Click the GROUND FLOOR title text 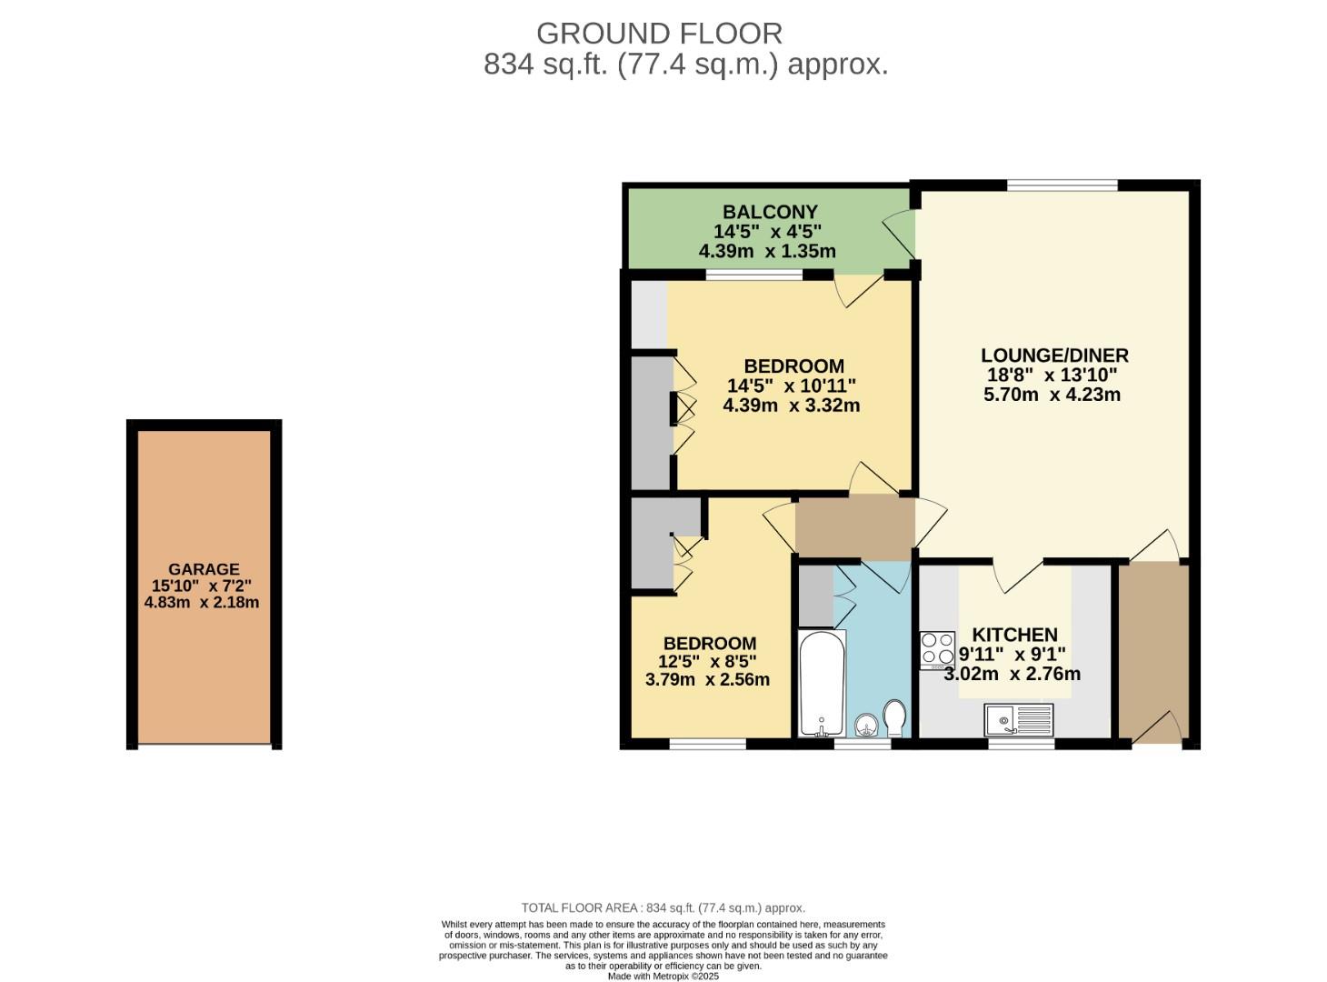(659, 34)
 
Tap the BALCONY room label (770, 212)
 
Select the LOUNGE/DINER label (1054, 356)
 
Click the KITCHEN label (1014, 635)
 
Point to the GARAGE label (204, 569)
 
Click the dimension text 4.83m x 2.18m (202, 602)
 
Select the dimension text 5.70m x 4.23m (1052, 395)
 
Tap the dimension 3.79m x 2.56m (707, 679)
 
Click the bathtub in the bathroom (822, 683)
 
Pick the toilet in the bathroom (894, 717)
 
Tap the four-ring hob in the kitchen (937, 649)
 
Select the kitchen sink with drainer (1018, 720)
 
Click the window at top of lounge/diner (1062, 185)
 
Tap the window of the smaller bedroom (707, 744)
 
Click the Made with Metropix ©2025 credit (663, 976)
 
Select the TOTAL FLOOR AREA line (663, 907)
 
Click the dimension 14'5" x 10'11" (791, 386)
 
